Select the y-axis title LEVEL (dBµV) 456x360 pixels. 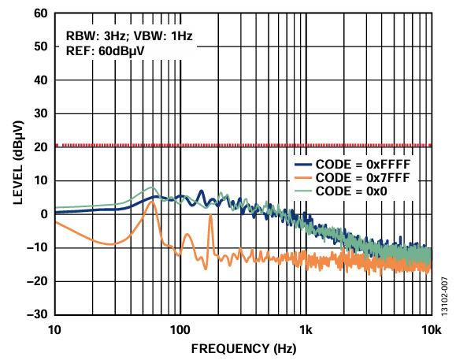(x=17, y=163)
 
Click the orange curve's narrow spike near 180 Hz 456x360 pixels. (x=211, y=217)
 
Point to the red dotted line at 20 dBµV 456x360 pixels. (x=236, y=146)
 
